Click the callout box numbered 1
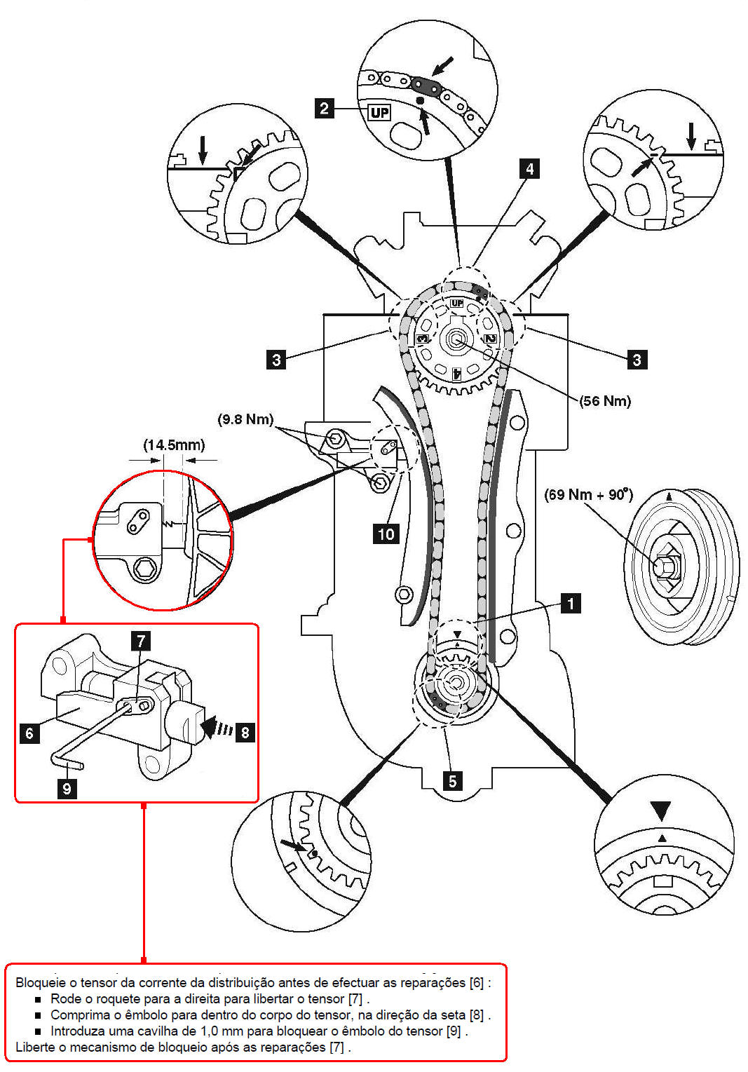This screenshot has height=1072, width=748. [x=571, y=603]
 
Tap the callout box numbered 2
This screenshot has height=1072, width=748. [x=324, y=108]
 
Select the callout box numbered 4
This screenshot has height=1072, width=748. [x=529, y=169]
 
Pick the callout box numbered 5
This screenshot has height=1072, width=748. [x=452, y=781]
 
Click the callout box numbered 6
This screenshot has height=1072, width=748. [x=29, y=733]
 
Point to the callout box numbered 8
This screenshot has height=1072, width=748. [x=245, y=732]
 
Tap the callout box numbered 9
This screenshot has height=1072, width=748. [x=67, y=788]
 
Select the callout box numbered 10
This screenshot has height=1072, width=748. [x=386, y=534]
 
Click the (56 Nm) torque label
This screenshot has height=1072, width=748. [x=605, y=401]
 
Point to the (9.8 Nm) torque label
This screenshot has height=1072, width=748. [x=245, y=420]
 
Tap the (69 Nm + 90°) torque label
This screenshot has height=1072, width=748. [x=589, y=494]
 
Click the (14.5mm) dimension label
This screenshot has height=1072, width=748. [x=174, y=445]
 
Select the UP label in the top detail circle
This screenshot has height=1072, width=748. [x=380, y=113]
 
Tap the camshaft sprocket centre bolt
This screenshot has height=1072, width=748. [x=455, y=339]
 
